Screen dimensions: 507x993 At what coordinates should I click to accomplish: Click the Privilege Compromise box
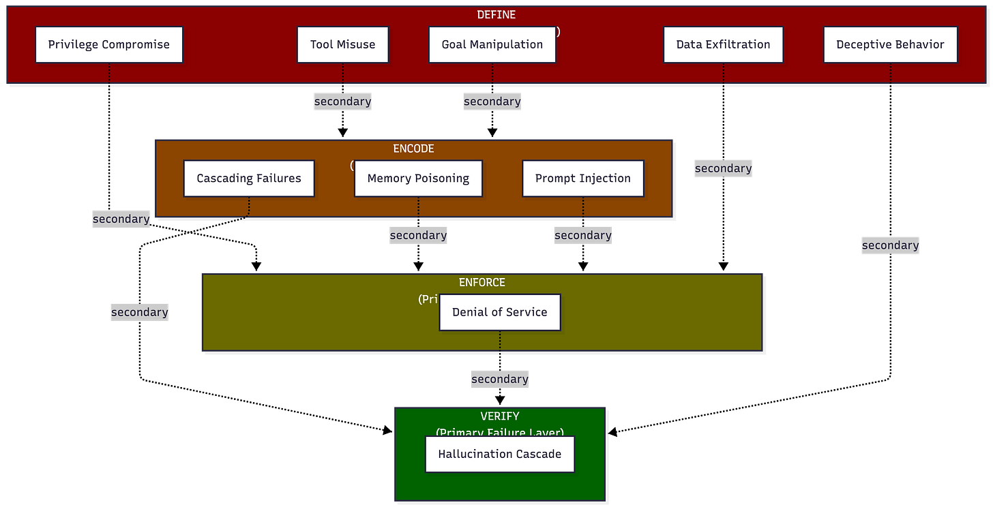click(x=109, y=45)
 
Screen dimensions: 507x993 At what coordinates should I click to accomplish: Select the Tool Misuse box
click(x=342, y=45)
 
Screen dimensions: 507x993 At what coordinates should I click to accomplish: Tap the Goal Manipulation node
click(x=492, y=45)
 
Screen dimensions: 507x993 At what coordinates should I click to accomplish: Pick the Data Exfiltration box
click(x=723, y=45)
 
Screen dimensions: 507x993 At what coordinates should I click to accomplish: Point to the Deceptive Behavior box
click(x=890, y=45)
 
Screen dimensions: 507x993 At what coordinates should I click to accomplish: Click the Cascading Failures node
click(x=249, y=179)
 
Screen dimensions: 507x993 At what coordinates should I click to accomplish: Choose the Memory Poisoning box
click(x=418, y=179)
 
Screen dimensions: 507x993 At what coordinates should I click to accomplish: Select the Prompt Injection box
click(x=583, y=179)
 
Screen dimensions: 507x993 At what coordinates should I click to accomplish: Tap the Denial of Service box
click(x=500, y=312)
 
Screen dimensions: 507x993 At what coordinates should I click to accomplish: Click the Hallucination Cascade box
click(x=500, y=454)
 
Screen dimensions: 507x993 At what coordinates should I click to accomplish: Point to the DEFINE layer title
click(x=496, y=14)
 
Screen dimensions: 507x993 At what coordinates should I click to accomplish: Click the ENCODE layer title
click(x=413, y=149)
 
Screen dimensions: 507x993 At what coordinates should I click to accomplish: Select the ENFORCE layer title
click(x=481, y=282)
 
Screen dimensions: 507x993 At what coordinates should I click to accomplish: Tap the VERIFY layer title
click(x=500, y=416)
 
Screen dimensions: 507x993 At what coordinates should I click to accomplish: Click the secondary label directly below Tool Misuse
click(x=342, y=102)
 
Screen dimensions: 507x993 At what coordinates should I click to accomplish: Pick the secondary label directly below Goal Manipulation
click(x=492, y=102)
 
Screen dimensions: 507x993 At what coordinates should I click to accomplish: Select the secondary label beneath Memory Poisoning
click(x=418, y=235)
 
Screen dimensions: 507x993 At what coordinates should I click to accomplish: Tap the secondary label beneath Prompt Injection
click(x=583, y=235)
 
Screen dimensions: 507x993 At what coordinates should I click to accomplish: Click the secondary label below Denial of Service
click(x=500, y=379)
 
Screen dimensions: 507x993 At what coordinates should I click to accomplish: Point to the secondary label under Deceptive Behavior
click(x=890, y=245)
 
